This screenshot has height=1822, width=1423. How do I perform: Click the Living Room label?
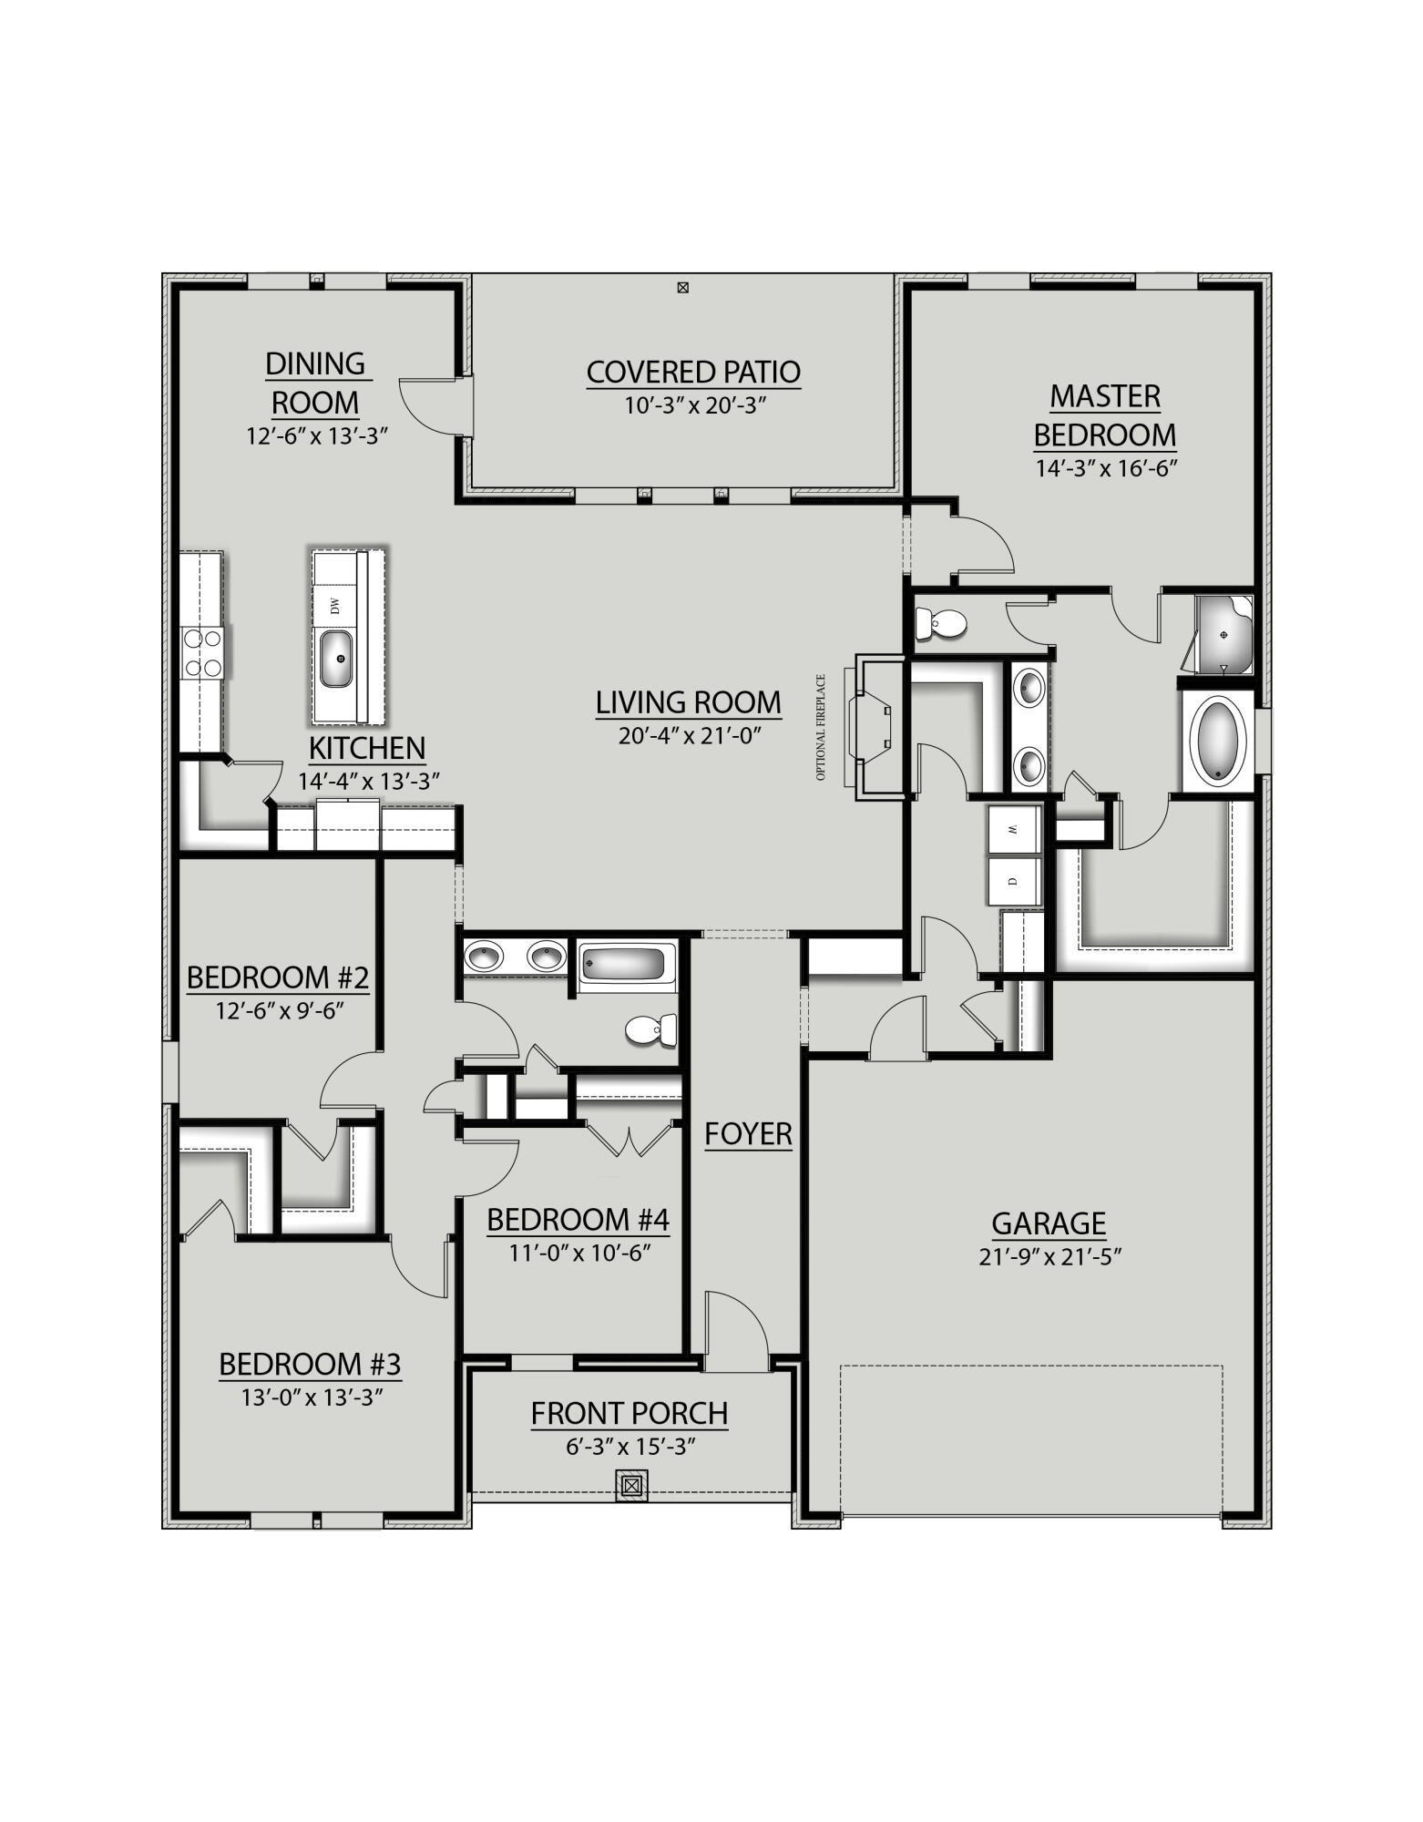(x=688, y=702)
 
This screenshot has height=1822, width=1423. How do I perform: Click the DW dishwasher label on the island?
(x=334, y=605)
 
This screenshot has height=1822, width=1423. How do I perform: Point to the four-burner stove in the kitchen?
(x=203, y=653)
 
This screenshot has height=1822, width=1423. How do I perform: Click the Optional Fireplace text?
(x=821, y=727)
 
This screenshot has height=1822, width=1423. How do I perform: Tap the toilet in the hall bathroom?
(x=652, y=1030)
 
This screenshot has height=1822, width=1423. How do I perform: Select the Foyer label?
(x=748, y=1134)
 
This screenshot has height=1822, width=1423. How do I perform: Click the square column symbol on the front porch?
(x=631, y=1486)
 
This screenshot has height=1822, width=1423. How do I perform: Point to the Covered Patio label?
(x=693, y=372)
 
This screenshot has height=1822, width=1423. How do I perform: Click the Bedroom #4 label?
(x=578, y=1220)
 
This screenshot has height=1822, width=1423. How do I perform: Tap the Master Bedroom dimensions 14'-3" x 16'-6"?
(x=1106, y=468)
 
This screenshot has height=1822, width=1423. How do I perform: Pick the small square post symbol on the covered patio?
(x=682, y=288)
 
